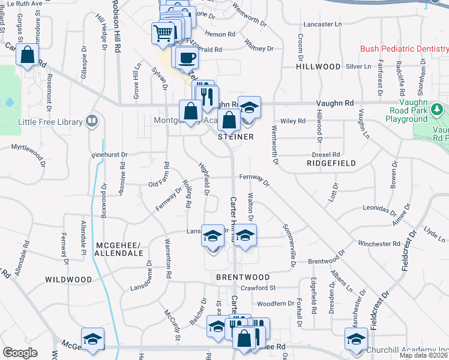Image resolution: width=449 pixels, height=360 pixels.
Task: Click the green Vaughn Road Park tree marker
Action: click(x=438, y=109)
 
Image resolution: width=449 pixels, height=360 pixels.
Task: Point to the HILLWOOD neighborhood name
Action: click(x=318, y=67)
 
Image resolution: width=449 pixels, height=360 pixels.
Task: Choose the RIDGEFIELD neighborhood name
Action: click(x=331, y=163)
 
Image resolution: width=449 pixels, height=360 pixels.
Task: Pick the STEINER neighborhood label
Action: click(x=236, y=137)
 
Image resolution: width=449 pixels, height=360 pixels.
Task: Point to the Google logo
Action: click(x=20, y=353)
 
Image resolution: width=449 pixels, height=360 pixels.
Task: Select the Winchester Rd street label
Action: click(x=379, y=244)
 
